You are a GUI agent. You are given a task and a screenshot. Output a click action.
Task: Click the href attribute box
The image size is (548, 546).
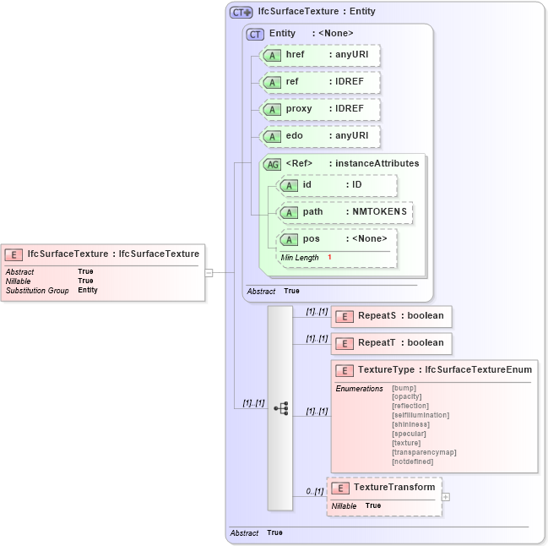[x=320, y=55]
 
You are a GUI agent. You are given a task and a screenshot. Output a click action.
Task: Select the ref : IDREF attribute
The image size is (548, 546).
[x=320, y=82]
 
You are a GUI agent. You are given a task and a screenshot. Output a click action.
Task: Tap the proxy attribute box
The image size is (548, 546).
[x=320, y=109]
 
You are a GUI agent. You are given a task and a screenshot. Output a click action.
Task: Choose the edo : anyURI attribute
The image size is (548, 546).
[x=320, y=136]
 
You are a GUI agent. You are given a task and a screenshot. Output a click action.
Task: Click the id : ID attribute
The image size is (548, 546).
[x=337, y=185]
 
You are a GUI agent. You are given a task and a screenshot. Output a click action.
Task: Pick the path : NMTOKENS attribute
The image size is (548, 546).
[x=345, y=212]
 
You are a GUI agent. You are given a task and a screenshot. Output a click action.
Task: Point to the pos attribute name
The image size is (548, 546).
[x=312, y=239]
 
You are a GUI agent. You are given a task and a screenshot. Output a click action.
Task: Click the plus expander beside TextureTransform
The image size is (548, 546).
[x=446, y=497]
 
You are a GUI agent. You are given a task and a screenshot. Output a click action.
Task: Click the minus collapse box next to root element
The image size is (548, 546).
[x=209, y=273]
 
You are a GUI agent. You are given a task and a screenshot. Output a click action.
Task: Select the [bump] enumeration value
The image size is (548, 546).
[x=404, y=388]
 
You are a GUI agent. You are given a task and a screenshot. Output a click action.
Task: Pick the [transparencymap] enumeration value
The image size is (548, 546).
[x=424, y=452]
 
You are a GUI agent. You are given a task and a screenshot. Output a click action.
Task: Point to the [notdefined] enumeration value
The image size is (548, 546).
[x=413, y=461]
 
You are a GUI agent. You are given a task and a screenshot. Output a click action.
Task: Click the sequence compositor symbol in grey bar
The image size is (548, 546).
[x=280, y=407]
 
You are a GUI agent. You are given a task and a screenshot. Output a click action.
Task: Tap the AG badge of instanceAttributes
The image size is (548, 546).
[x=272, y=164]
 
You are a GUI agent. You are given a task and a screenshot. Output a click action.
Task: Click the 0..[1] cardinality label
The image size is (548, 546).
[x=314, y=491]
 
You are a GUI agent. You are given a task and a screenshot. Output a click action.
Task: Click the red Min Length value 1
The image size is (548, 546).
[x=329, y=257]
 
